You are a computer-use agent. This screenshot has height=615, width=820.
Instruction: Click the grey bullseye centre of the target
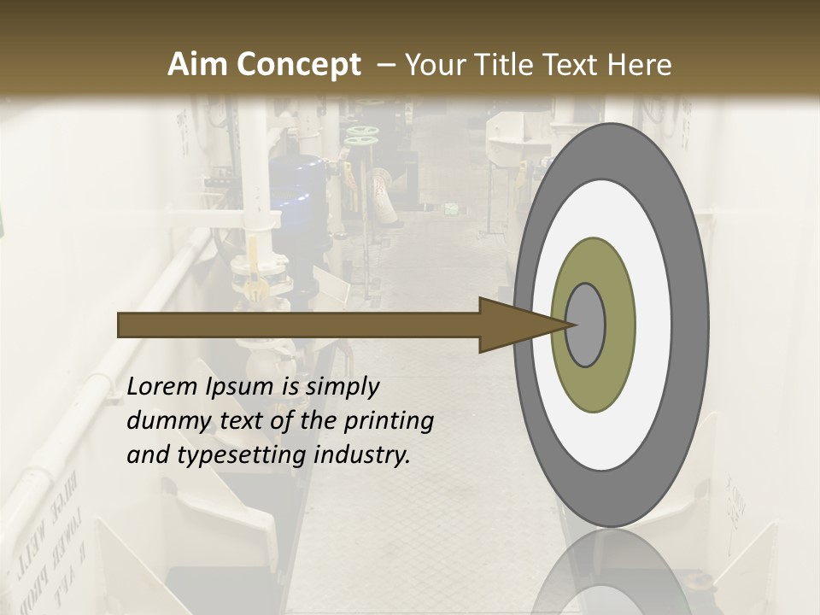click(586, 325)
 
